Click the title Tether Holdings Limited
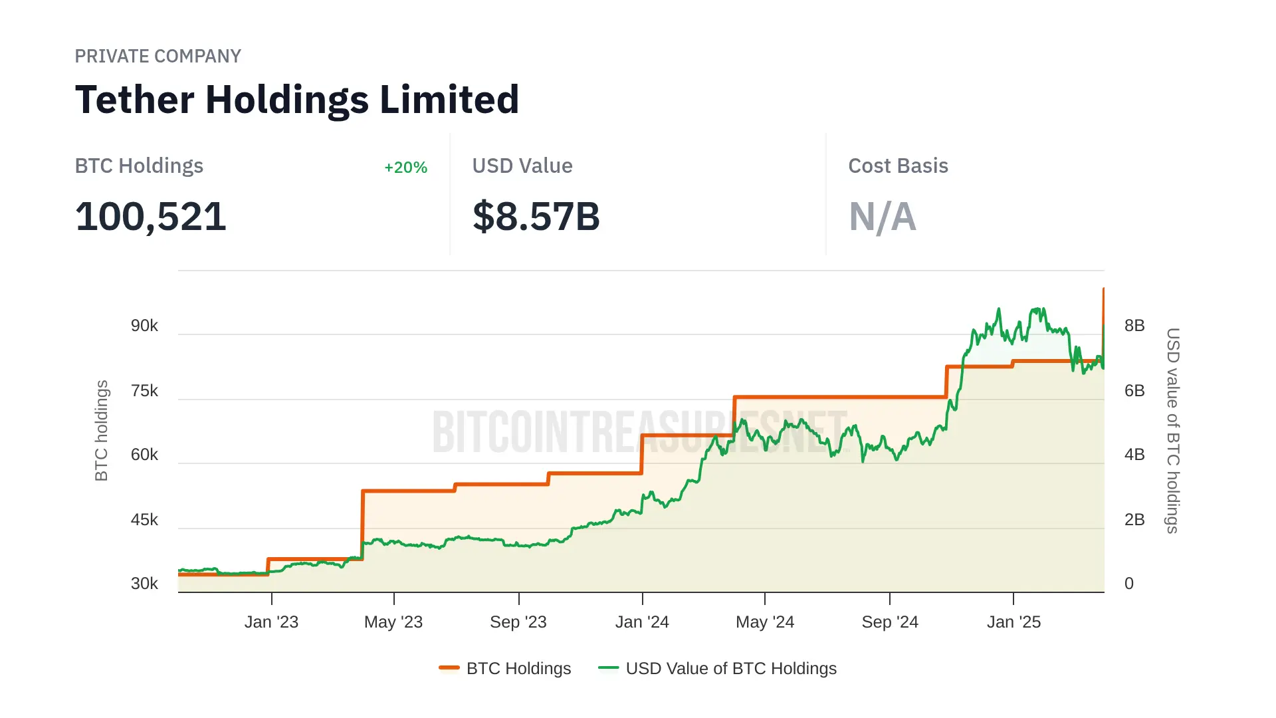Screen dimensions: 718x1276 click(297, 100)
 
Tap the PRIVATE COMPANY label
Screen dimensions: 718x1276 click(158, 56)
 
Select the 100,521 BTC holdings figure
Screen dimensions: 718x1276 click(151, 217)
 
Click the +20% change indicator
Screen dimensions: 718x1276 click(405, 168)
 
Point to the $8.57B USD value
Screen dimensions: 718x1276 click(536, 217)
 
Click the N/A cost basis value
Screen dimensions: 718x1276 click(882, 217)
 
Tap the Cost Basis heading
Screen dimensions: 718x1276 click(898, 166)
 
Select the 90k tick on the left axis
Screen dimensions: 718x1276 click(144, 326)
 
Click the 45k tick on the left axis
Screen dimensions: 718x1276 click(144, 520)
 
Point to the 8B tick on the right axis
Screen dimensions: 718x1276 click(1134, 326)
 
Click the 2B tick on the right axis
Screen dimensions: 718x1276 click(1134, 520)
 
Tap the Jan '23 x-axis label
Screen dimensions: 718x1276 click(271, 622)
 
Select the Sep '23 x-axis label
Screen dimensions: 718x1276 click(518, 622)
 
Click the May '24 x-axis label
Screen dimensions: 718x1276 click(765, 622)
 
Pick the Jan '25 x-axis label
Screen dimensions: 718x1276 click(1013, 622)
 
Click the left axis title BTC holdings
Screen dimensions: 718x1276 click(101, 431)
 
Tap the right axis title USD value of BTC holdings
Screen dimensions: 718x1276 click(1173, 431)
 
